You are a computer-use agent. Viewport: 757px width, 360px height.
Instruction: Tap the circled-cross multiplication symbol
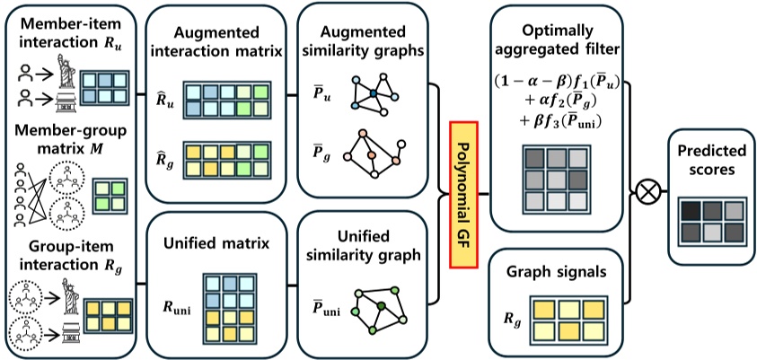(x=644, y=191)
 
